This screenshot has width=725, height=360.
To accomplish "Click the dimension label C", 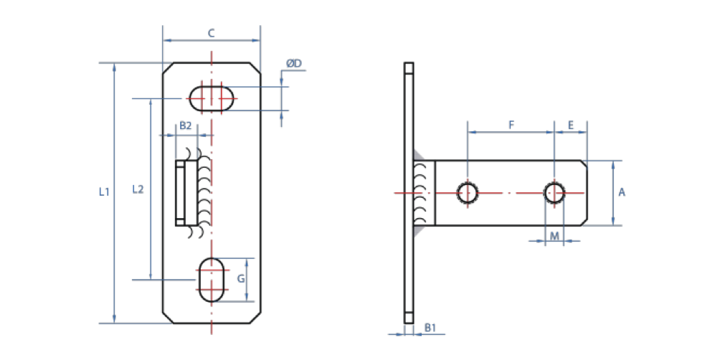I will (211, 33).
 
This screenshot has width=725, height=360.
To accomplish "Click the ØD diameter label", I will (294, 64).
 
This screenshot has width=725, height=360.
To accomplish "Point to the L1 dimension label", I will (103, 191).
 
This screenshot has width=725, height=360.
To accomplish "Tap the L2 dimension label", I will (138, 190).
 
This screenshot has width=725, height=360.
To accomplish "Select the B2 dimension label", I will (185, 125).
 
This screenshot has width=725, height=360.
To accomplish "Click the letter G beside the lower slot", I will (241, 278).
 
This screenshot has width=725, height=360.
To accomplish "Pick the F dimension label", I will (511, 125).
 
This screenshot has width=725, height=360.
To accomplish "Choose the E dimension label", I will (570, 125).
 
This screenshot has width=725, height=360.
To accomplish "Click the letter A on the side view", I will (622, 192).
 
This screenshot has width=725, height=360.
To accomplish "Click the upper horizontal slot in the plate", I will (212, 97).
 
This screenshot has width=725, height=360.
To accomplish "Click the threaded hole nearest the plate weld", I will (468, 193).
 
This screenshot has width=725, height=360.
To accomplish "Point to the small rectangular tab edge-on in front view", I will (181, 192).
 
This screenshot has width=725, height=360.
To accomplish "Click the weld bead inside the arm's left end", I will (425, 192).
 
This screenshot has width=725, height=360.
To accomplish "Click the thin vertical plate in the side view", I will (409, 192).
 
